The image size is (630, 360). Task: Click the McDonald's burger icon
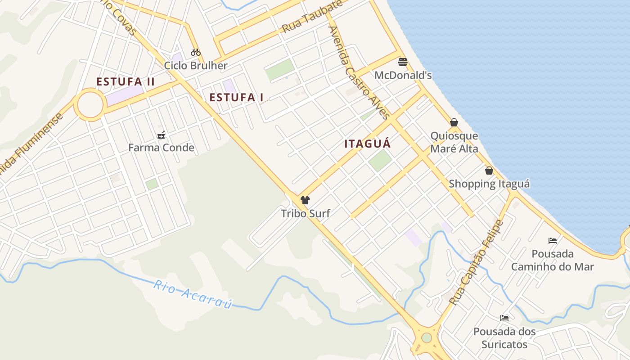pyautogui.click(x=403, y=62)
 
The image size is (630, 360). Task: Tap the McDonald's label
pyautogui.click(x=403, y=75)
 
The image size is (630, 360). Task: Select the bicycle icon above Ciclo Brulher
pyautogui.click(x=195, y=52)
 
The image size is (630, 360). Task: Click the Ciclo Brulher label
pyautogui.click(x=196, y=66)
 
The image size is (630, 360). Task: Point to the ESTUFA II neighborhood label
pyautogui.click(x=126, y=82)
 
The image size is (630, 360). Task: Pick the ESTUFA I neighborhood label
pyautogui.click(x=236, y=97)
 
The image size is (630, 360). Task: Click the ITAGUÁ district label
pyautogui.click(x=367, y=144)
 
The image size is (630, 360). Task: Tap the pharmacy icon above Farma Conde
pyautogui.click(x=161, y=135)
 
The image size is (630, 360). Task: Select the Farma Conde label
pyautogui.click(x=161, y=148)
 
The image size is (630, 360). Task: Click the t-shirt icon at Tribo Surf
pyautogui.click(x=305, y=200)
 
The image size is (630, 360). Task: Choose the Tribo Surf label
pyautogui.click(x=306, y=213)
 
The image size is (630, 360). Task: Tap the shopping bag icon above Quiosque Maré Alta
pyautogui.click(x=454, y=122)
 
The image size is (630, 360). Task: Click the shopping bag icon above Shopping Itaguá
pyautogui.click(x=489, y=171)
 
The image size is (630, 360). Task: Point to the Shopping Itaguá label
pyautogui.click(x=489, y=184)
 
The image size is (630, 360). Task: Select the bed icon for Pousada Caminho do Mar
pyautogui.click(x=553, y=241)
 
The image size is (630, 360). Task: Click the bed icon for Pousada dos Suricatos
pyautogui.click(x=504, y=318)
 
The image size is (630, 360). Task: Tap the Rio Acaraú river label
pyautogui.click(x=193, y=295)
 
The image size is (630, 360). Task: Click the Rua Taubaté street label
pyautogui.click(x=312, y=17)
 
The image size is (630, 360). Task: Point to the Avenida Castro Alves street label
pyautogui.click(x=358, y=72)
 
